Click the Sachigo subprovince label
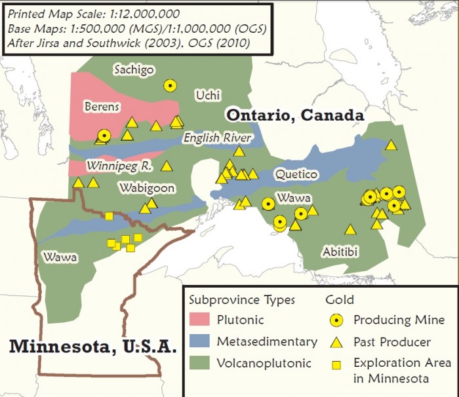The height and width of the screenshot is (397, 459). point(134,69)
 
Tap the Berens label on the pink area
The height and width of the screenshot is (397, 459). point(101,106)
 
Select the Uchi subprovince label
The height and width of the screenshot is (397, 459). point(209,96)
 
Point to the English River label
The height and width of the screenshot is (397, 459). point(216,138)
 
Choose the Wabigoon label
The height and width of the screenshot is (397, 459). point(147,189)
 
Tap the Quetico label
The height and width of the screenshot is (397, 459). point(296,175)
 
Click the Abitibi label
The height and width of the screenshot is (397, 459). point(340,252)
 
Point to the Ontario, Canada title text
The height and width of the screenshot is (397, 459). point(295,115)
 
